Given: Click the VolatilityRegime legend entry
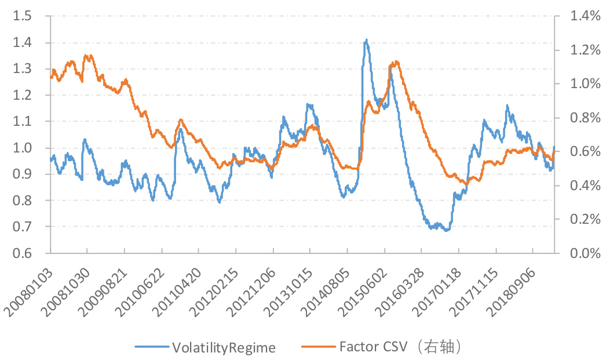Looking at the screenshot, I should coord(224,347).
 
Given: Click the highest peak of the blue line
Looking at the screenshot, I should coord(366,40).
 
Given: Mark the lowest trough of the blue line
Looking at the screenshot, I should coord(446,231).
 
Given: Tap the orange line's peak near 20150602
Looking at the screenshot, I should coord(396,61).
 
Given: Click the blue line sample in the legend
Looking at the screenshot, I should coord(152,347).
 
